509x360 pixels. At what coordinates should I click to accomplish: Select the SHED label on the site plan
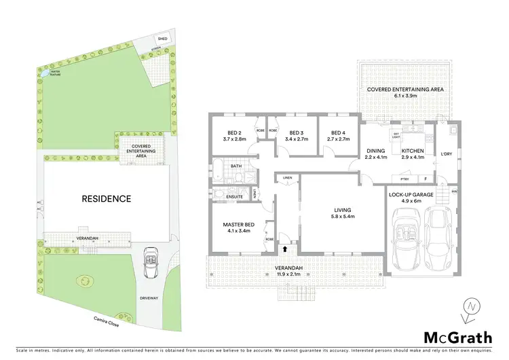click(x=163, y=39)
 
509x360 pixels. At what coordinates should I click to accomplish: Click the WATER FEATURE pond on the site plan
click(x=45, y=73)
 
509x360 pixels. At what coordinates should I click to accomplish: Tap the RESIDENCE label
click(x=106, y=199)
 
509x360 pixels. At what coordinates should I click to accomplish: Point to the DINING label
click(x=375, y=151)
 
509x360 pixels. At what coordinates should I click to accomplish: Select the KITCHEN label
click(x=413, y=151)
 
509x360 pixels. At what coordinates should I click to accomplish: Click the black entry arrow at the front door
click(x=284, y=249)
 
